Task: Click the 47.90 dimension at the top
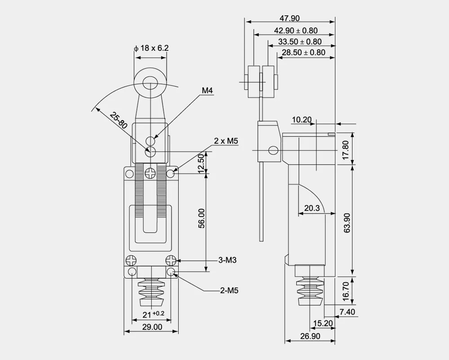click(290, 18)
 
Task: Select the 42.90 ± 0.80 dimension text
click(296, 31)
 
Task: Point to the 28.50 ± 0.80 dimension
click(304, 53)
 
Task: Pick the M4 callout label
click(207, 91)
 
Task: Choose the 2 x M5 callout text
click(225, 141)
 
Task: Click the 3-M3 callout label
click(228, 260)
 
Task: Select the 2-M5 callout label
click(229, 290)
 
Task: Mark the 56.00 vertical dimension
click(202, 218)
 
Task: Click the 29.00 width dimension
click(152, 327)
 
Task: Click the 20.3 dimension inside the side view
click(312, 208)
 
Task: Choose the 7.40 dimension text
click(348, 312)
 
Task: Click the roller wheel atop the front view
click(151, 82)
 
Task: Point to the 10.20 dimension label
click(301, 120)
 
